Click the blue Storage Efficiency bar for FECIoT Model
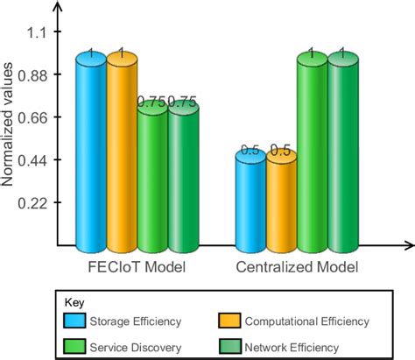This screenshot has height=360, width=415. (91, 153)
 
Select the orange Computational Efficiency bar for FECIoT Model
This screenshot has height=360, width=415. (122, 153)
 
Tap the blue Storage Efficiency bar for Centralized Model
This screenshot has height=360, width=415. (250, 200)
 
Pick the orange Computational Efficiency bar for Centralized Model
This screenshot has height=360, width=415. (281, 200)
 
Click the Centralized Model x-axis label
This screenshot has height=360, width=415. (296, 265)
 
